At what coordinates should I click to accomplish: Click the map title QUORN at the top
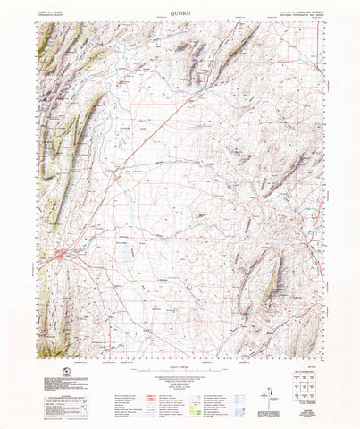[x=180, y=14]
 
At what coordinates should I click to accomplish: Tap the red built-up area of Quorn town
[x=59, y=258]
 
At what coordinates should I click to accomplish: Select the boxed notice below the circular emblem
[x=41, y=400]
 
